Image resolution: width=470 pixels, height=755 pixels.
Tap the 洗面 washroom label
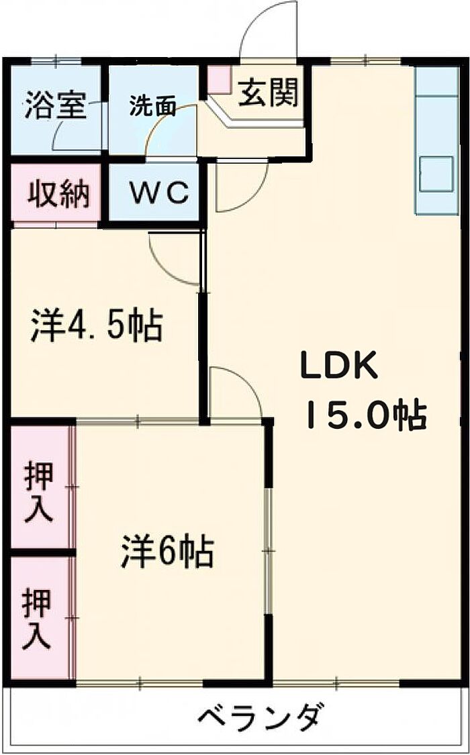point(152,106)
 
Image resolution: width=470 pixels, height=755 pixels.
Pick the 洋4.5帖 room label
point(96,325)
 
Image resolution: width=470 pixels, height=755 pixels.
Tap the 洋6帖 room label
point(167,552)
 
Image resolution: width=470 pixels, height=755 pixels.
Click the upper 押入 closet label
point(38,492)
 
